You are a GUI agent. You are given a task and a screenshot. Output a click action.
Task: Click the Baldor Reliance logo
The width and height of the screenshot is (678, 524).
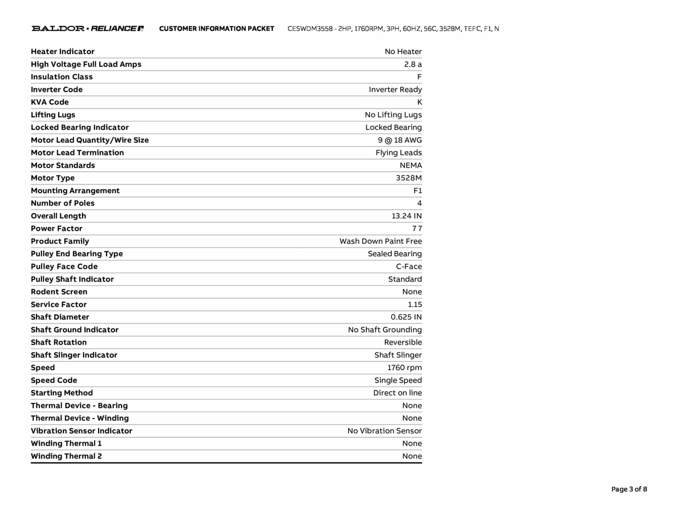point(87,28)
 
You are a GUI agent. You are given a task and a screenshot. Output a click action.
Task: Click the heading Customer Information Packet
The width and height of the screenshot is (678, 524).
point(217,29)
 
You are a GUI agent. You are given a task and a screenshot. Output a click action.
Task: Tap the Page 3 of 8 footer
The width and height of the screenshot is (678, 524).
point(629,489)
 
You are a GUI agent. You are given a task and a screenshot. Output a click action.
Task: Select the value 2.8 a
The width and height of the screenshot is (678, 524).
point(413,64)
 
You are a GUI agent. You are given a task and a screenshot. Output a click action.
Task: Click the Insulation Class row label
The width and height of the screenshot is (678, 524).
point(62,77)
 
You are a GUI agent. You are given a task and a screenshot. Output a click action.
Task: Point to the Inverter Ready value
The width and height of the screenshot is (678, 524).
point(395,89)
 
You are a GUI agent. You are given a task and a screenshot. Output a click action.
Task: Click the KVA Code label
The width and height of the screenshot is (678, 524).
point(50,102)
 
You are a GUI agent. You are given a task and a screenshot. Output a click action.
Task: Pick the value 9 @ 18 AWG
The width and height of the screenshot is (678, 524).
point(400,140)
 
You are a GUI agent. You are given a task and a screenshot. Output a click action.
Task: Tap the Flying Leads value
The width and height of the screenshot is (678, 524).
point(399,153)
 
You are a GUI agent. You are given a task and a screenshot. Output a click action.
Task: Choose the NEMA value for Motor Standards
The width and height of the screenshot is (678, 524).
point(411,165)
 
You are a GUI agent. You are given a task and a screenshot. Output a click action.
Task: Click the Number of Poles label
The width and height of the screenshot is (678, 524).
point(63,203)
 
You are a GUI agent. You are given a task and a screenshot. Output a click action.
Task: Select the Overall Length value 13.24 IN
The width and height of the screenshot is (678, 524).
point(407,216)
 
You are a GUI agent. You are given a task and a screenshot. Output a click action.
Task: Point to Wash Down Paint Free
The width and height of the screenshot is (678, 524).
point(381,241)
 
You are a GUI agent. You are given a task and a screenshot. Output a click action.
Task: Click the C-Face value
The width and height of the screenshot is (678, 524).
point(409,267)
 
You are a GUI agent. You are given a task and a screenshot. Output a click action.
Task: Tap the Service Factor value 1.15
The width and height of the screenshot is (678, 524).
point(415,304)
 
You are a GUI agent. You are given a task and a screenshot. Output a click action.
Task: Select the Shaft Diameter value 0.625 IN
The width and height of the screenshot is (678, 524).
point(406,317)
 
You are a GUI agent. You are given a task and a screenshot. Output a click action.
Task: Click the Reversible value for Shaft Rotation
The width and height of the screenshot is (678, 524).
point(403,342)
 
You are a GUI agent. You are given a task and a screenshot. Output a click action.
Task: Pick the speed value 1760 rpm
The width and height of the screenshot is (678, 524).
point(405,368)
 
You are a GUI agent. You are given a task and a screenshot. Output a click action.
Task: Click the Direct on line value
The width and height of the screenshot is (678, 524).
point(398,393)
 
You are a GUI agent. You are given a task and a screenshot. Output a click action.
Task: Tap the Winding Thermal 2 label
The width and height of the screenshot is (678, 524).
point(66,456)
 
